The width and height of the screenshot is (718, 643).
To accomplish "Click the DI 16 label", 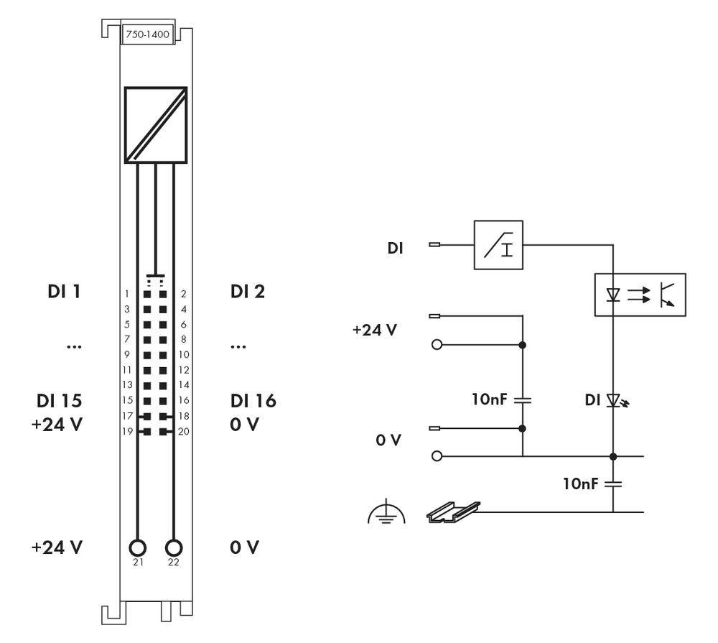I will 253,400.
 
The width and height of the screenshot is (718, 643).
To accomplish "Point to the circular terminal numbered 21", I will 138,547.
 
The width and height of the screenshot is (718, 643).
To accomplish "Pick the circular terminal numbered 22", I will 173,547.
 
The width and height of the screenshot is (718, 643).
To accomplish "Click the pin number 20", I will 183,432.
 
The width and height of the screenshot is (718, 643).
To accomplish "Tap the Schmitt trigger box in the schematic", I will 498,245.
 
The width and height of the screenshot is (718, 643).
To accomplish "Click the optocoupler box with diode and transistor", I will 640,295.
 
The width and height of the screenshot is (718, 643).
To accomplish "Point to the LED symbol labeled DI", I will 612,399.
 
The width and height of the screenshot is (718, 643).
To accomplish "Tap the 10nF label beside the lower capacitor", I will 580,484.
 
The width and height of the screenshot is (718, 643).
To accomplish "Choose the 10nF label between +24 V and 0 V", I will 490,399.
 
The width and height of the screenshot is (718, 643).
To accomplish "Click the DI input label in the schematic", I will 395,249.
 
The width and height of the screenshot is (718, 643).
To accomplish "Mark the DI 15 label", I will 60,400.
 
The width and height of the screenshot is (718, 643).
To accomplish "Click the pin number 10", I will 183,354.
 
